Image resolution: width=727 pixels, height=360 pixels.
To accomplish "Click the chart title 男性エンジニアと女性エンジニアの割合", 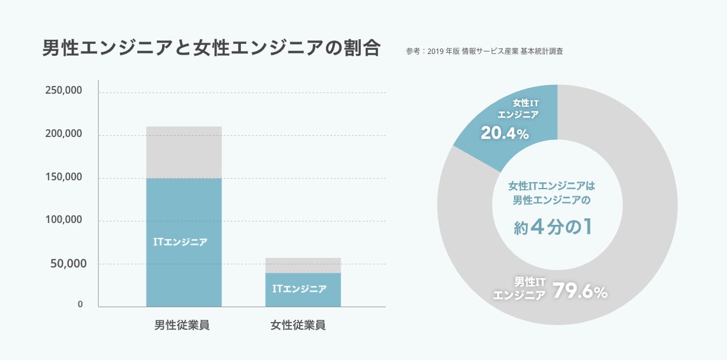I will pos(211,48).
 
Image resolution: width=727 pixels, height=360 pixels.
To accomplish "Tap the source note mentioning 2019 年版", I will pos(484,52).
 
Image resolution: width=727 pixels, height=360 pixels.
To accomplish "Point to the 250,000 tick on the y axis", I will pos(64,91).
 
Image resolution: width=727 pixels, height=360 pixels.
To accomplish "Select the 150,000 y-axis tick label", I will pos(64,177).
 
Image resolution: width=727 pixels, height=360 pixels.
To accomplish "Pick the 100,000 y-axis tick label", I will pos(64,220).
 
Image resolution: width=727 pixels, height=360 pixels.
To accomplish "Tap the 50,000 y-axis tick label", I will pos(66,263).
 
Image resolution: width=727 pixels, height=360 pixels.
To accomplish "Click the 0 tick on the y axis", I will pos(80,304).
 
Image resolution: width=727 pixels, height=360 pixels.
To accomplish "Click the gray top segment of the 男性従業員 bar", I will pos(183,152).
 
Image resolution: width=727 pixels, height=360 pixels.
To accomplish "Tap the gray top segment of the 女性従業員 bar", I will pos(303,265).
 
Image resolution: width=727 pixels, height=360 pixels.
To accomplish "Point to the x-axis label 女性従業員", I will pos(298,325).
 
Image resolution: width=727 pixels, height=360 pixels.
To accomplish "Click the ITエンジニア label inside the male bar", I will pos(180,242).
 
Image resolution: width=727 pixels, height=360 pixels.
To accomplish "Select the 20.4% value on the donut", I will pos(504,134).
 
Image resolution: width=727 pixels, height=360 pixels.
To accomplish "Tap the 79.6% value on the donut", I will pos(580,291).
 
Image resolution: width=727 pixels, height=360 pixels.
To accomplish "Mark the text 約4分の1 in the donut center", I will pos(553,228).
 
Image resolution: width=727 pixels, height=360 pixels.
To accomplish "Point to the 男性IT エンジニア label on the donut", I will pos(519,288).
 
